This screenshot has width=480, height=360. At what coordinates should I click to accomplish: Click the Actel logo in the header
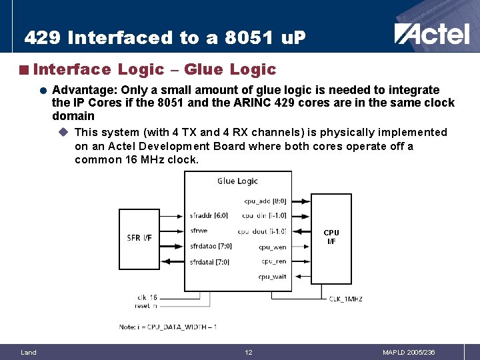[x=431, y=33]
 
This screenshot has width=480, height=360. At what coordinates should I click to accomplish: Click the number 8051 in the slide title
[x=231, y=38]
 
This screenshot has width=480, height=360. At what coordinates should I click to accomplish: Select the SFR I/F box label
[x=143, y=237]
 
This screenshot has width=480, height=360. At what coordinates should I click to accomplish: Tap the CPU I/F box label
[x=331, y=237]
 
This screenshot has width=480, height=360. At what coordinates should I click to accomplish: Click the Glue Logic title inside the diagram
[x=237, y=181]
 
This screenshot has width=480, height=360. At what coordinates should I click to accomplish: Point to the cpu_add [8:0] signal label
[x=265, y=200]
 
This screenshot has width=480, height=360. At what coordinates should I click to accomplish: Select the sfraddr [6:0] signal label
[x=209, y=215]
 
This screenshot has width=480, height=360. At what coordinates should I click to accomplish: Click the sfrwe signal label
[x=199, y=231]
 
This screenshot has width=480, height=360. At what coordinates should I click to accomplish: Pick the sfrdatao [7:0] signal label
[x=211, y=246]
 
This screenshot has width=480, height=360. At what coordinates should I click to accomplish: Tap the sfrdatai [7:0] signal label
[x=209, y=262]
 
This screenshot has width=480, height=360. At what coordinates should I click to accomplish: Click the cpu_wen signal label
[x=273, y=247]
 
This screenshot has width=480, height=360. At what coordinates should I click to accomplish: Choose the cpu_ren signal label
[x=273, y=261]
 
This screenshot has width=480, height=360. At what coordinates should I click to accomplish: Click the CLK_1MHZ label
[x=345, y=299]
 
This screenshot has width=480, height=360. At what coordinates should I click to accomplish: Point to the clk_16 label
[x=146, y=297]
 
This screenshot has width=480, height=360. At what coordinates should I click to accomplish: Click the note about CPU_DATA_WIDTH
[x=167, y=327]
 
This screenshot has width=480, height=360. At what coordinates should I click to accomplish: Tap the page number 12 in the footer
[x=248, y=352]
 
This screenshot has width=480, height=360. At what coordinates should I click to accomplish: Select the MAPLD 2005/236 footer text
[x=409, y=352]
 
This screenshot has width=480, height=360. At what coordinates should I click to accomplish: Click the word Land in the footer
[x=29, y=352]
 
